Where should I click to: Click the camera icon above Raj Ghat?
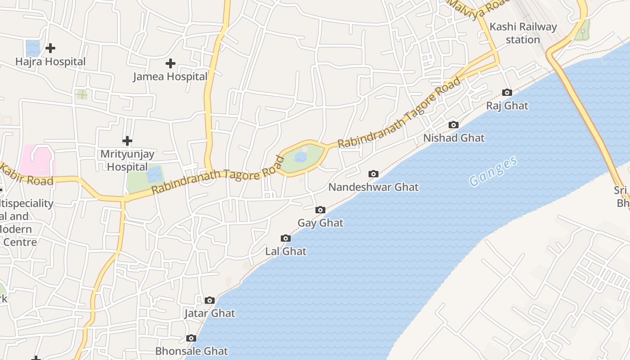coord(507,93)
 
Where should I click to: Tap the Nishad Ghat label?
coord(454,138)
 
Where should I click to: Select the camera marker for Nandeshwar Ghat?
coord(373,174)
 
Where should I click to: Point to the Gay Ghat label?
coord(320,223)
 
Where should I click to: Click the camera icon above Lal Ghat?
coord(286,238)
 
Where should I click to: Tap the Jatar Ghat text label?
coord(210,314)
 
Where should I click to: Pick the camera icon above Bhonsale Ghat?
coord(191,338)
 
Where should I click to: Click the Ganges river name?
coord(493,171)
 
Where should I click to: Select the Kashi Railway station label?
coord(523,33)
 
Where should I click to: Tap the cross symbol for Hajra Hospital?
coord(50,48)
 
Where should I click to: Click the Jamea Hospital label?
coord(170,77)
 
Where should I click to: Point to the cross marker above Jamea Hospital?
coord(171,63)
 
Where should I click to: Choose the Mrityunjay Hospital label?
coord(127,161)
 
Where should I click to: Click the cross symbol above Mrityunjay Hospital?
coord(127,141)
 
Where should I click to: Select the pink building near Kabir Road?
coord(37,160)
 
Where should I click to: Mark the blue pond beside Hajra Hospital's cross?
coord(33,47)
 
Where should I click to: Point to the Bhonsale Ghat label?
coord(192,351)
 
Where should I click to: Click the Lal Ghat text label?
coord(286,252)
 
